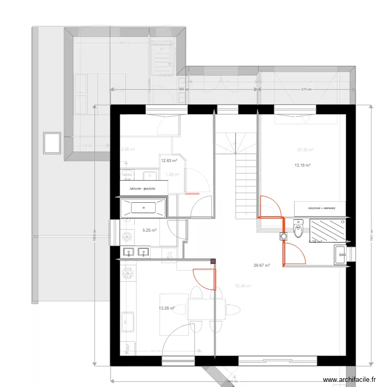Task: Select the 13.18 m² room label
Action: [x=302, y=166]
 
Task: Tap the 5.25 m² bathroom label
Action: [x=149, y=231]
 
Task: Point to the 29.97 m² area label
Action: [x=262, y=266]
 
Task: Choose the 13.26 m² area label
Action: [x=167, y=309]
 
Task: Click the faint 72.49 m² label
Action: [x=243, y=286]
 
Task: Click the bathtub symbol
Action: [x=143, y=208]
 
